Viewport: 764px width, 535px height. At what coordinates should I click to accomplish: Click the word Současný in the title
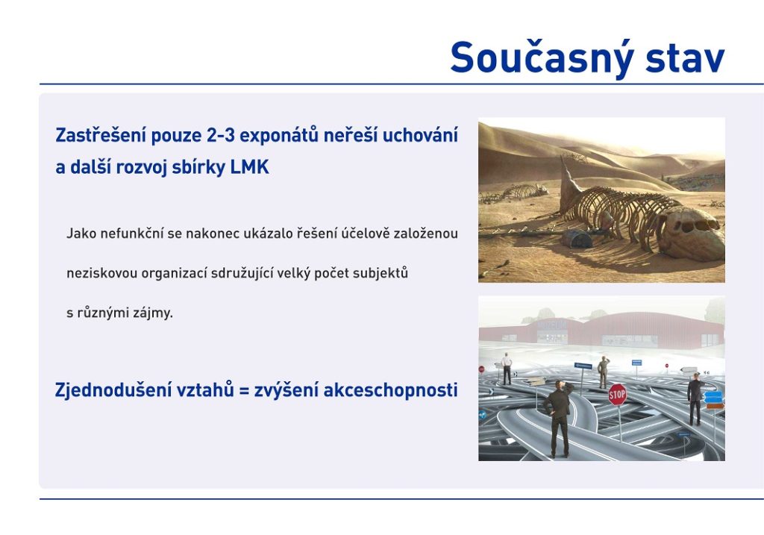[x=542, y=58]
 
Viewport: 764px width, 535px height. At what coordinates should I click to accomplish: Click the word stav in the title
[x=685, y=58]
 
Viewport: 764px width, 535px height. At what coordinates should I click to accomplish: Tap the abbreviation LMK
[x=249, y=167]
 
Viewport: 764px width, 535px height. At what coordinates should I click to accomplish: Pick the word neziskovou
[x=101, y=273]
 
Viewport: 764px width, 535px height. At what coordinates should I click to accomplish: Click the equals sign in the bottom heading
[x=244, y=391]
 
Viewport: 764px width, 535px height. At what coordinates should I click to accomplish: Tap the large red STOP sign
[x=617, y=395]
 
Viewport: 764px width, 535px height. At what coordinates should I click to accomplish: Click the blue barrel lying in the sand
[x=578, y=238]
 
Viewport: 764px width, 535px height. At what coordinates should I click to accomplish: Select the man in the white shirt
[x=507, y=369]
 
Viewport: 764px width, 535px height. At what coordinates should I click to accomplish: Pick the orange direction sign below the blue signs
[x=715, y=406]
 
